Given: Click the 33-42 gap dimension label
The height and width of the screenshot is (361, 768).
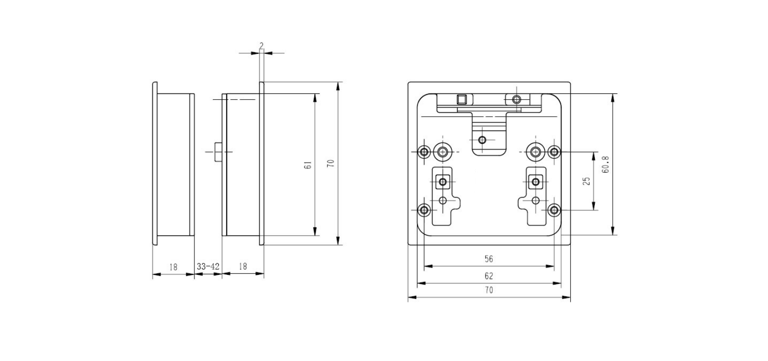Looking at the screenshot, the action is tap(208, 266).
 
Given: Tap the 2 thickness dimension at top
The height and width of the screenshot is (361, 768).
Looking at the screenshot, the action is tap(262, 45).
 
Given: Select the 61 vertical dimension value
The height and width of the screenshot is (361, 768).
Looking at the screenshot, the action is tap(308, 165).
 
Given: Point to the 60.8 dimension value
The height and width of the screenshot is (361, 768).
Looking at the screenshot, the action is tap(606, 165).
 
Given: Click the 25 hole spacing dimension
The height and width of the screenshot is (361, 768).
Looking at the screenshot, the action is tap(587, 181).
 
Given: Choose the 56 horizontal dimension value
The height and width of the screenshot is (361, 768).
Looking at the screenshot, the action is tap(489, 259).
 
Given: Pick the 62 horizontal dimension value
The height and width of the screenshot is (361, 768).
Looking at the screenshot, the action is tap(489, 276).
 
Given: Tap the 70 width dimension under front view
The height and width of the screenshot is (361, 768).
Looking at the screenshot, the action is tap(489, 290).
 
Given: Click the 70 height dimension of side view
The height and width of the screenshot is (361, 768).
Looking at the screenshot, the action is tap(331, 164).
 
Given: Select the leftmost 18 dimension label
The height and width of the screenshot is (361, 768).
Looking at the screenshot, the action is tap(174, 267).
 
